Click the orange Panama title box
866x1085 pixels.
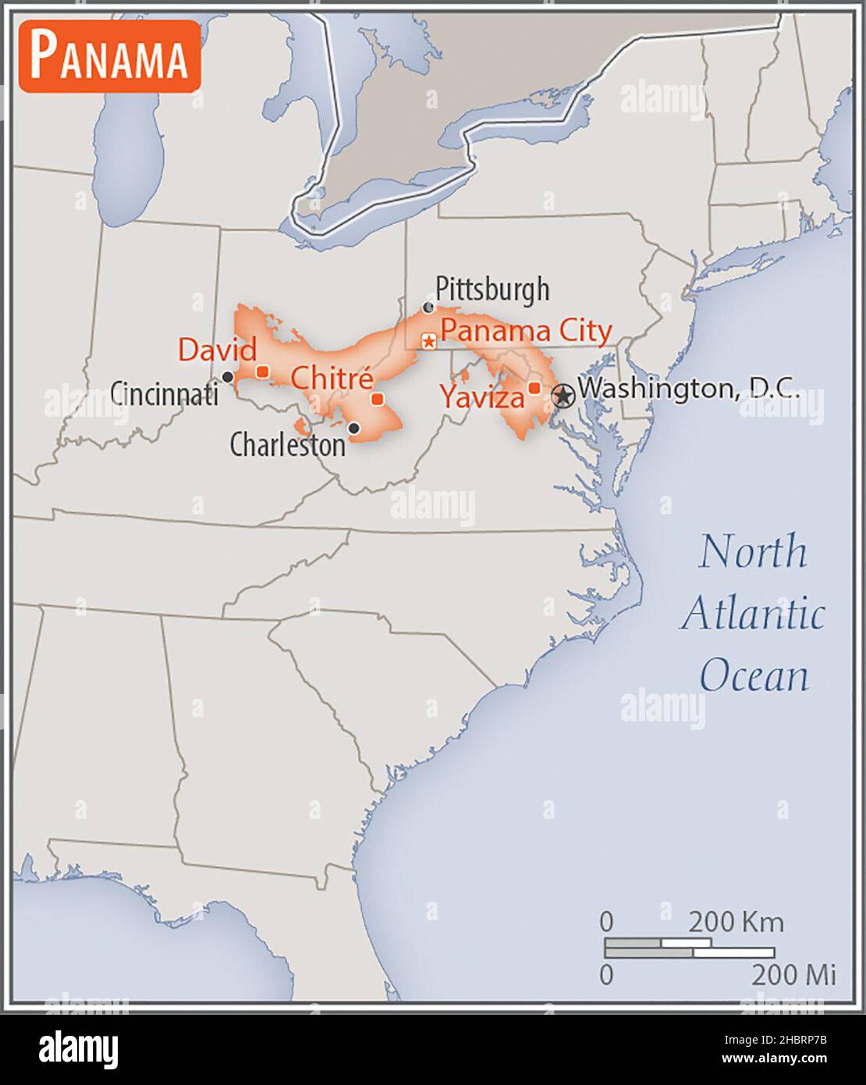pos(110,56)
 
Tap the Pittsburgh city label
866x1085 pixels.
pos(492,289)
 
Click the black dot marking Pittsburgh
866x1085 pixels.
pos(428,308)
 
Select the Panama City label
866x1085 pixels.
pos(526,330)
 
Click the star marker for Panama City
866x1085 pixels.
pos(428,341)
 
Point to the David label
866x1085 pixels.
pos(217,349)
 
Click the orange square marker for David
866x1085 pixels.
pos(263,372)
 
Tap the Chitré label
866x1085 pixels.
pos(332,379)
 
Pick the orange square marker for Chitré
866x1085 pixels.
pos(378,400)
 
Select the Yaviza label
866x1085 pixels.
pos(481,397)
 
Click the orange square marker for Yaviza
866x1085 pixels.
pos(534,388)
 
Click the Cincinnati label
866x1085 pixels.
pos(164,394)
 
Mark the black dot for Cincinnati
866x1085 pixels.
pos(228,377)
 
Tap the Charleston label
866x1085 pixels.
pos(287,445)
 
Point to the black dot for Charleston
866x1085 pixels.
pos(353,428)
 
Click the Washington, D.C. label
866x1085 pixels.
pos(689,388)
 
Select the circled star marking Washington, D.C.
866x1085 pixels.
pos(563,396)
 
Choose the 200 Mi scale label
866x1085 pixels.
pos(793,974)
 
